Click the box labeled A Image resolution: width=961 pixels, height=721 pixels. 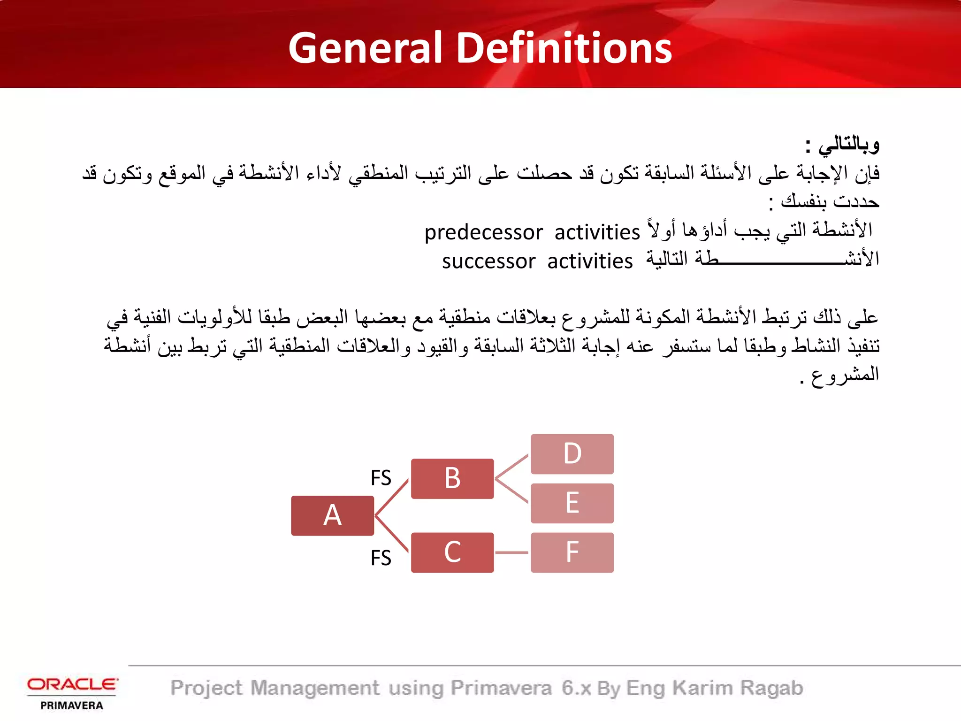click(x=332, y=515)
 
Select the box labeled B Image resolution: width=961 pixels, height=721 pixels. click(x=452, y=478)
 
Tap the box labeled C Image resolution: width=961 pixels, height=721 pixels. click(x=452, y=552)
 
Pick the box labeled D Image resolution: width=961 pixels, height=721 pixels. click(x=572, y=453)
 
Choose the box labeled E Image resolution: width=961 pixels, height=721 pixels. click(x=572, y=503)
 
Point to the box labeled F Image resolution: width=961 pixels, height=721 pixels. click(x=572, y=552)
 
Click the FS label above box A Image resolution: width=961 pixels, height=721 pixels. click(x=381, y=478)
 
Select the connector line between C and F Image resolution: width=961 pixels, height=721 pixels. click(x=512, y=552)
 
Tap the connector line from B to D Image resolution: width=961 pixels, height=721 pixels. click(x=512, y=466)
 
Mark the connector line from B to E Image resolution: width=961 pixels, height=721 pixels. click(x=512, y=491)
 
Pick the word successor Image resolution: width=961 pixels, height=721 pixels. click(x=488, y=261)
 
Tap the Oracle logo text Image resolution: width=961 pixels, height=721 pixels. click(x=72, y=684)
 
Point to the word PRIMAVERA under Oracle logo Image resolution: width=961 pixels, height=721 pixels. click(x=72, y=705)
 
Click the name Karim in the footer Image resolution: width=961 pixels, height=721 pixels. click(x=702, y=688)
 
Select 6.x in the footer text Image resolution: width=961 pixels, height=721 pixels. click(x=576, y=688)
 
